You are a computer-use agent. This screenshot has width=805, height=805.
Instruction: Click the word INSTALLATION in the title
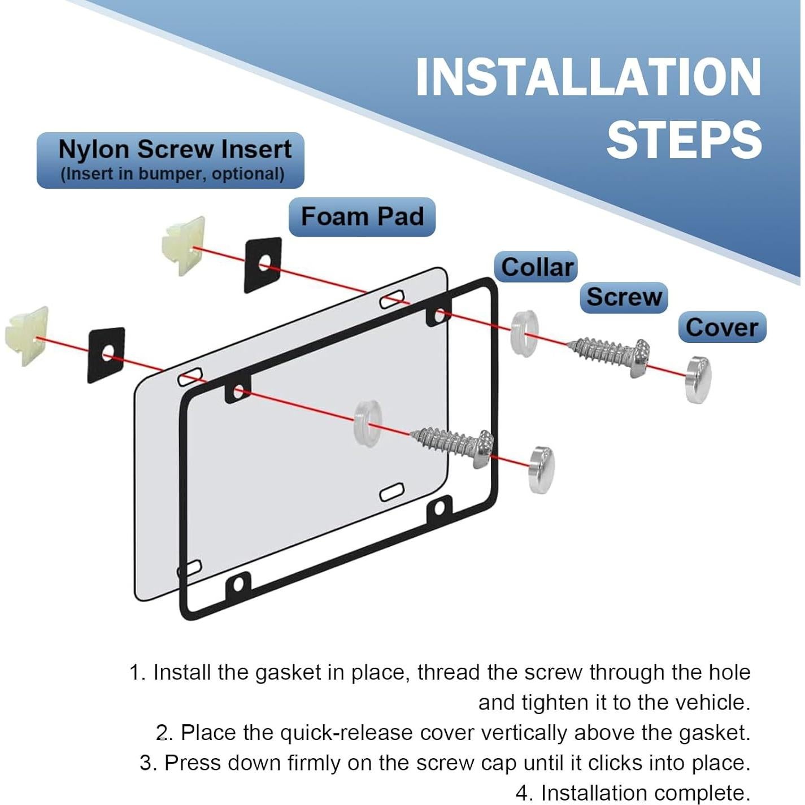pos(588,77)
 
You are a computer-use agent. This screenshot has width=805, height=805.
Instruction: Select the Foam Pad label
pos(362,216)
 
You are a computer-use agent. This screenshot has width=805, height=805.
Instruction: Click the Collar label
pos(537,267)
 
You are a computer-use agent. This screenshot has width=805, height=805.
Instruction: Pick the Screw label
pos(624,297)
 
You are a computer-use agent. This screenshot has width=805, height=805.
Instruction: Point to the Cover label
pos(721,328)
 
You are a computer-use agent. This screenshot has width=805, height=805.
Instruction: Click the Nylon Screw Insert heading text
pos(175,150)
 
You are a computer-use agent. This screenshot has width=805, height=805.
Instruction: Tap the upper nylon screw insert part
pos(184,246)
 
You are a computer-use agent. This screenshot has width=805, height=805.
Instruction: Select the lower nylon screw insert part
pos(27,336)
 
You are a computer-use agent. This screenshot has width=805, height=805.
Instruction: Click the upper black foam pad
pos(263,265)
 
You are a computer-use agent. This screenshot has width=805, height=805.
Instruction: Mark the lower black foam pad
pos(106,355)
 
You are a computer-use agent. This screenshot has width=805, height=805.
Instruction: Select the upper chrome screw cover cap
pos(698,379)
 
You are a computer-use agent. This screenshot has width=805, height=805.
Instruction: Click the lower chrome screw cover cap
pos(542,470)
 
